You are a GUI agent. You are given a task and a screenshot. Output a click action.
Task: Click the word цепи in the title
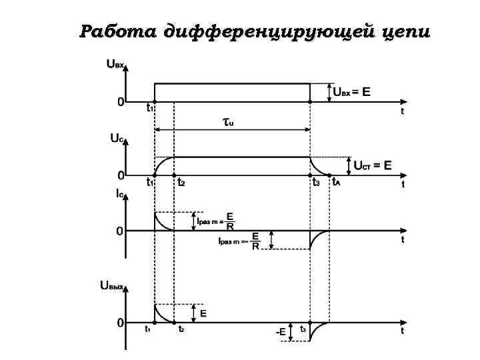[403, 32]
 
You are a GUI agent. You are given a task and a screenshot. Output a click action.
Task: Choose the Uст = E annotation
[372, 165]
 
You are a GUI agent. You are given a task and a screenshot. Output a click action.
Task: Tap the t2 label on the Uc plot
[181, 181]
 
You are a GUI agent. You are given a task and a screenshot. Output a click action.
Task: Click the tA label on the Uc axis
[336, 181]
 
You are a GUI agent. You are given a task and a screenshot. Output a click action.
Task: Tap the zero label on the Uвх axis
[120, 102]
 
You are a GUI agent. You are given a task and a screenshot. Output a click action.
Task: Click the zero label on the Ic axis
[119, 231]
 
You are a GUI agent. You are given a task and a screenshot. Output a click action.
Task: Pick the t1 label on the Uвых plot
[148, 329]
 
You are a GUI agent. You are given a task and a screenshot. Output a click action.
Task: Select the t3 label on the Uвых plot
[303, 329]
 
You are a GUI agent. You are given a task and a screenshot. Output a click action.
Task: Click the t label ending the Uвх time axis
[402, 112]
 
